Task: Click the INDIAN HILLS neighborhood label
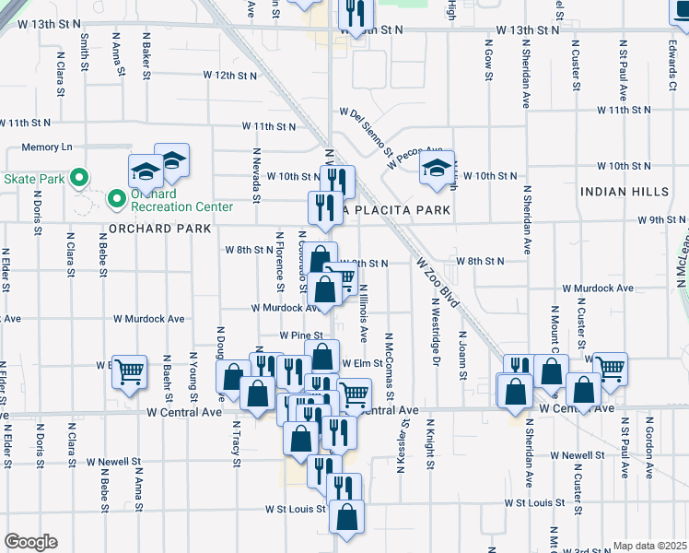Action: (x=625, y=191)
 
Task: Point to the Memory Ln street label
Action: (x=47, y=147)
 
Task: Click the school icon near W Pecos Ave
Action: (x=438, y=169)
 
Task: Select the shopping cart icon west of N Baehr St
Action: (x=129, y=372)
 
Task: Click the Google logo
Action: (x=30, y=542)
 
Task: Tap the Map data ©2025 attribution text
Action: (x=649, y=546)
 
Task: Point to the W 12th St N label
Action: (x=229, y=75)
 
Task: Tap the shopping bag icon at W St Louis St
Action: (x=347, y=518)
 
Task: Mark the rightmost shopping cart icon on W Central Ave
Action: (x=610, y=369)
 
